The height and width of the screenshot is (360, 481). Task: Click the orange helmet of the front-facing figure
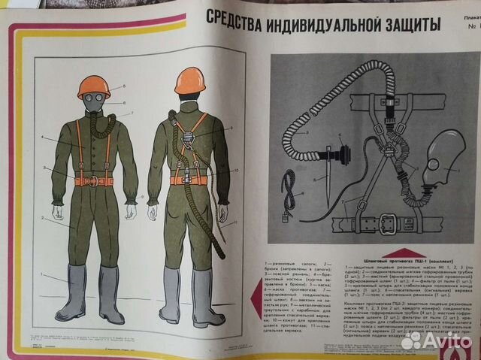94,87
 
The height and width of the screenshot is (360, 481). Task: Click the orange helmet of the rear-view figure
189,80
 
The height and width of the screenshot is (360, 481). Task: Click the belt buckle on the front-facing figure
94,180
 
